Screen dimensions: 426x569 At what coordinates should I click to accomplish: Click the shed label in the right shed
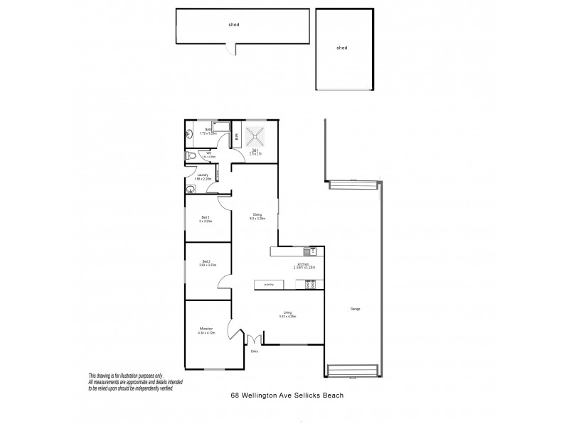tap(341, 48)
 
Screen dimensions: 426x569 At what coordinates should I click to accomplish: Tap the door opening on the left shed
tap(228, 48)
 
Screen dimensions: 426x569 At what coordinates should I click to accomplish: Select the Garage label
tap(354, 309)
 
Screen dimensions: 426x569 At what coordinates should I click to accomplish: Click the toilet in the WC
tap(190, 155)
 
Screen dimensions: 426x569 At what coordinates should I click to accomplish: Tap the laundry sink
tap(188, 190)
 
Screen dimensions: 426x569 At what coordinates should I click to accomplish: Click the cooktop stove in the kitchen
tap(311, 284)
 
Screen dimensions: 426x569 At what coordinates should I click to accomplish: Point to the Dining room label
tap(257, 214)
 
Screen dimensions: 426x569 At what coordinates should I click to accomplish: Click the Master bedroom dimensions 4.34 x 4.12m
tap(207, 333)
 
